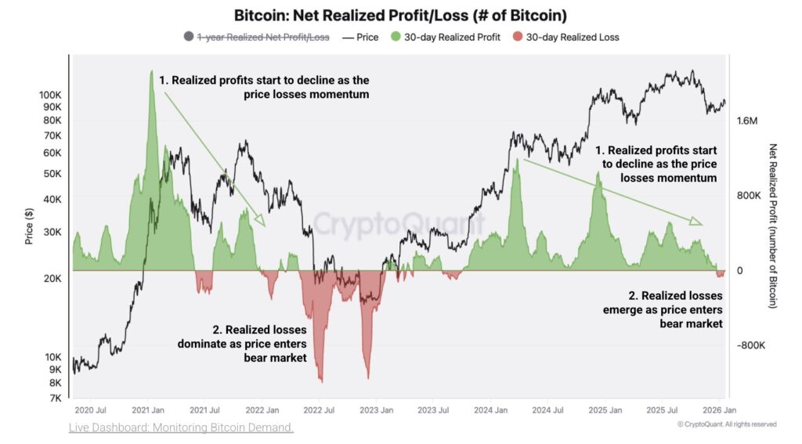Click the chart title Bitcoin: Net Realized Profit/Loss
coord(400,15)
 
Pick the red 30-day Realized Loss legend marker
coord(517,37)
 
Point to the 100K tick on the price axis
coord(51,94)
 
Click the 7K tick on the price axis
coord(56,398)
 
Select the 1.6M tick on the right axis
coord(747,121)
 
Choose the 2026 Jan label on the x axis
coord(717,410)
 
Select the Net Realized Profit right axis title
coord(773,226)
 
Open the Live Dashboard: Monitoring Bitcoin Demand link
coord(180,427)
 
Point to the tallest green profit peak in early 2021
coord(151,72)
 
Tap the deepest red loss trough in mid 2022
coord(321,381)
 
